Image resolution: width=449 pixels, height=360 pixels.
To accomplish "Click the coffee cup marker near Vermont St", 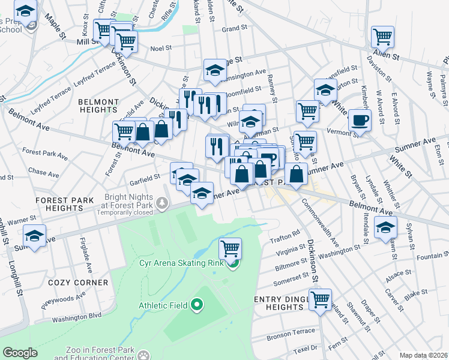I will pos(360,119).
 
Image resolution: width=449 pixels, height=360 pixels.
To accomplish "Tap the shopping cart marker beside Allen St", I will pos(382,37).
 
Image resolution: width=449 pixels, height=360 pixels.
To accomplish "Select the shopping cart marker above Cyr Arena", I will pos(231,247).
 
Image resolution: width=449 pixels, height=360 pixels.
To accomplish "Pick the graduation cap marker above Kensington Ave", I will pos(214,70).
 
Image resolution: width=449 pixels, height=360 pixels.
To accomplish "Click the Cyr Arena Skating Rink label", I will pos(182,263).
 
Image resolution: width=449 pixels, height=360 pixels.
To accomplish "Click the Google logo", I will pos(20,353).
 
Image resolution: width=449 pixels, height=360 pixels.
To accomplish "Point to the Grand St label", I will pos(230,28).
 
